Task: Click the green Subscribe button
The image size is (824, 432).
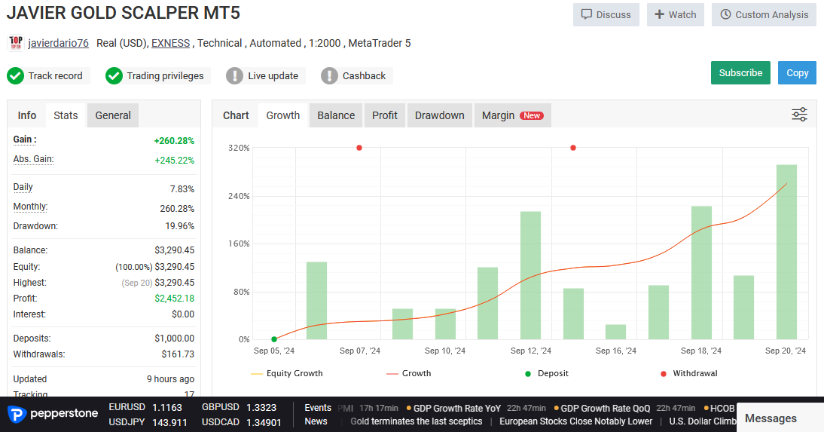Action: point(740,73)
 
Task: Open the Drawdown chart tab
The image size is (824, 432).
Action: point(439,115)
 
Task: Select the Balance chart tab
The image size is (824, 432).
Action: point(336,115)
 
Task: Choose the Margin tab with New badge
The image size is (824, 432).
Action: point(512,115)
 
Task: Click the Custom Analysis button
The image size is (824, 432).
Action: point(764,15)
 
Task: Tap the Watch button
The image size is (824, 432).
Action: point(676,15)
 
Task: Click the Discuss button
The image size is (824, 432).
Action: point(606,15)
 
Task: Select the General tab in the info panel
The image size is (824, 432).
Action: point(113,115)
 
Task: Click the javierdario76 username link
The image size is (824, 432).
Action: point(58,43)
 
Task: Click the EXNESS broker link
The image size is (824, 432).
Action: point(171,43)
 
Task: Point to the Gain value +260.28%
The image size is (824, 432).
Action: point(174,141)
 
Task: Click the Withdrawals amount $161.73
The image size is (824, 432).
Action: point(178,354)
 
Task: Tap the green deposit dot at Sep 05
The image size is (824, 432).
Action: point(274,339)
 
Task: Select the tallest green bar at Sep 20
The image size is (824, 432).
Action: point(786,252)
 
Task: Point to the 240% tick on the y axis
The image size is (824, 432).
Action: point(239,196)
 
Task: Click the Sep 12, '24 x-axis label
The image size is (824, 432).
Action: point(531,351)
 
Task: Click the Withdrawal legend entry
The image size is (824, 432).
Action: point(688,374)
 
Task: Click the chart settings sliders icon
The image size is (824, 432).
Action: point(799,114)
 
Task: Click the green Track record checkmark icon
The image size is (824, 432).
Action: point(16,76)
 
